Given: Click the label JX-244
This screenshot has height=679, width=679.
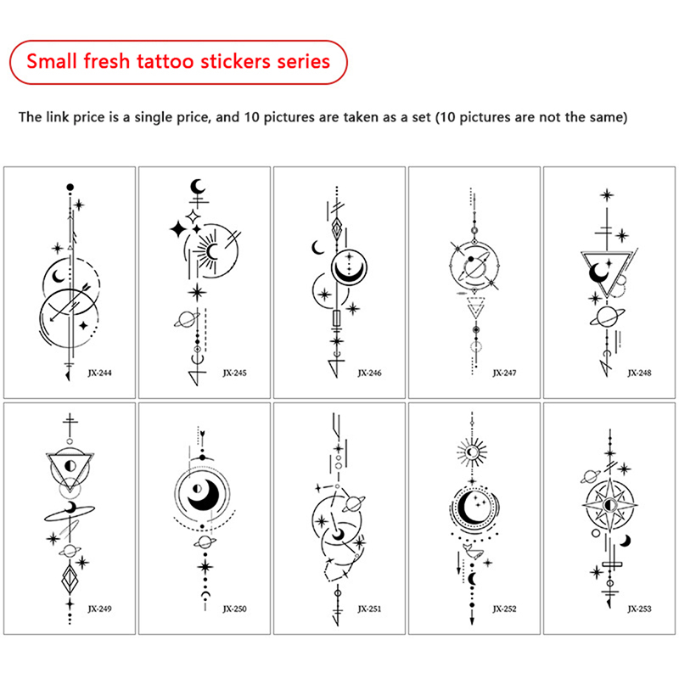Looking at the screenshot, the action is tap(99, 373).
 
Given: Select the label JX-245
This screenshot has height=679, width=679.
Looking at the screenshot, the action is tap(235, 373).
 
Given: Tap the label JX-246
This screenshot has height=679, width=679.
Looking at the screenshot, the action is tap(369, 373).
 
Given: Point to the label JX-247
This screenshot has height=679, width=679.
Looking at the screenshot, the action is tap(504, 373).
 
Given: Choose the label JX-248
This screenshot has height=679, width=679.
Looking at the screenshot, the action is tap(640, 373).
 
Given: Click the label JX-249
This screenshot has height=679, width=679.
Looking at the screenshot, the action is tap(99, 609).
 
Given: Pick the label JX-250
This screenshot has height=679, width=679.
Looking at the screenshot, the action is tap(235, 609).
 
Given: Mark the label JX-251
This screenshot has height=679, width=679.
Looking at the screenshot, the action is tap(369, 609).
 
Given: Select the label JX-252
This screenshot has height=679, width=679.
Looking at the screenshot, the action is tap(504, 609).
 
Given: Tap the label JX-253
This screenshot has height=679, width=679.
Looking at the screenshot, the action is tap(640, 609).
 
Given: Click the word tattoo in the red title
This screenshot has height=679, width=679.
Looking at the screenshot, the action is tap(165, 61).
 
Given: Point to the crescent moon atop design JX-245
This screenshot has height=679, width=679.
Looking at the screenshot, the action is tap(198, 187).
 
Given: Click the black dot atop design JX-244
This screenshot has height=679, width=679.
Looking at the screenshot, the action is tap(70, 187).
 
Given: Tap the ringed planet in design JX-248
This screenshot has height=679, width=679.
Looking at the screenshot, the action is tap(607, 317).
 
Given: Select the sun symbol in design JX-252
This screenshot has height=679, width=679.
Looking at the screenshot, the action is tap(472, 452).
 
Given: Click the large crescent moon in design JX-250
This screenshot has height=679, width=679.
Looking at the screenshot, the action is tap(205, 495).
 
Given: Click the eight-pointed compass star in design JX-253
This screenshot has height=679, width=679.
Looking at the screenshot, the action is tap(610, 505).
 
